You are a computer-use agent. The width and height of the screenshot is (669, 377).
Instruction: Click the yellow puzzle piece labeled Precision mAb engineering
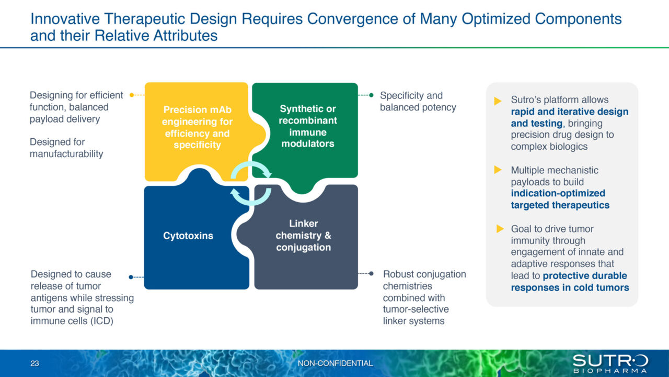(198, 127)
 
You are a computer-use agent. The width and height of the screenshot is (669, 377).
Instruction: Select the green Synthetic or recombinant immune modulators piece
(308, 126)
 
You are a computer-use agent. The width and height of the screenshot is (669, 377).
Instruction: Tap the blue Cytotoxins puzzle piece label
(188, 236)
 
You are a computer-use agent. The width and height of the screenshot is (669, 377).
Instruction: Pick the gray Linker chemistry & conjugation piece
(304, 236)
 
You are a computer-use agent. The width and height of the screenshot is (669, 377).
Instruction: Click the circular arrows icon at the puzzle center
(251, 183)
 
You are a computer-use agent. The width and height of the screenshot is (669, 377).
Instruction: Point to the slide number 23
(35, 363)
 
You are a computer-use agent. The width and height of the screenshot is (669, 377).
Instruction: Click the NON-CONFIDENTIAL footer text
(335, 363)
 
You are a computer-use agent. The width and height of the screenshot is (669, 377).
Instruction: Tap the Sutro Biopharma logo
(610, 363)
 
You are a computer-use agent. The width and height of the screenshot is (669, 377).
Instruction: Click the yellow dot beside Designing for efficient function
(131, 95)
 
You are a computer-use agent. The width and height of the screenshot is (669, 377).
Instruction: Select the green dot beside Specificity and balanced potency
(371, 95)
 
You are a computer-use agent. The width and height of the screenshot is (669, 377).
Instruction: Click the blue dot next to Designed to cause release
(131, 277)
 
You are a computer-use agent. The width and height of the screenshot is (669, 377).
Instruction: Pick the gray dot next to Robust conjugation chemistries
(371, 273)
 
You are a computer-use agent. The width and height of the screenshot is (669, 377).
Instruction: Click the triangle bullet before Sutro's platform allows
(498, 101)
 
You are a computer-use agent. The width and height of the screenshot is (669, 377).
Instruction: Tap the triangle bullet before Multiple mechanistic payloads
(498, 170)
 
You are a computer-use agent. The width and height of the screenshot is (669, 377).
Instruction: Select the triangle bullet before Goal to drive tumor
(500, 229)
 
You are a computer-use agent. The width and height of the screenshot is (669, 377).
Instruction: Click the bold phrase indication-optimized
(558, 193)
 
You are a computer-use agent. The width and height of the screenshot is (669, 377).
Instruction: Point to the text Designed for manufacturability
(66, 148)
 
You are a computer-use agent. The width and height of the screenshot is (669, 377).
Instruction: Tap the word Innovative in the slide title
(62, 19)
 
